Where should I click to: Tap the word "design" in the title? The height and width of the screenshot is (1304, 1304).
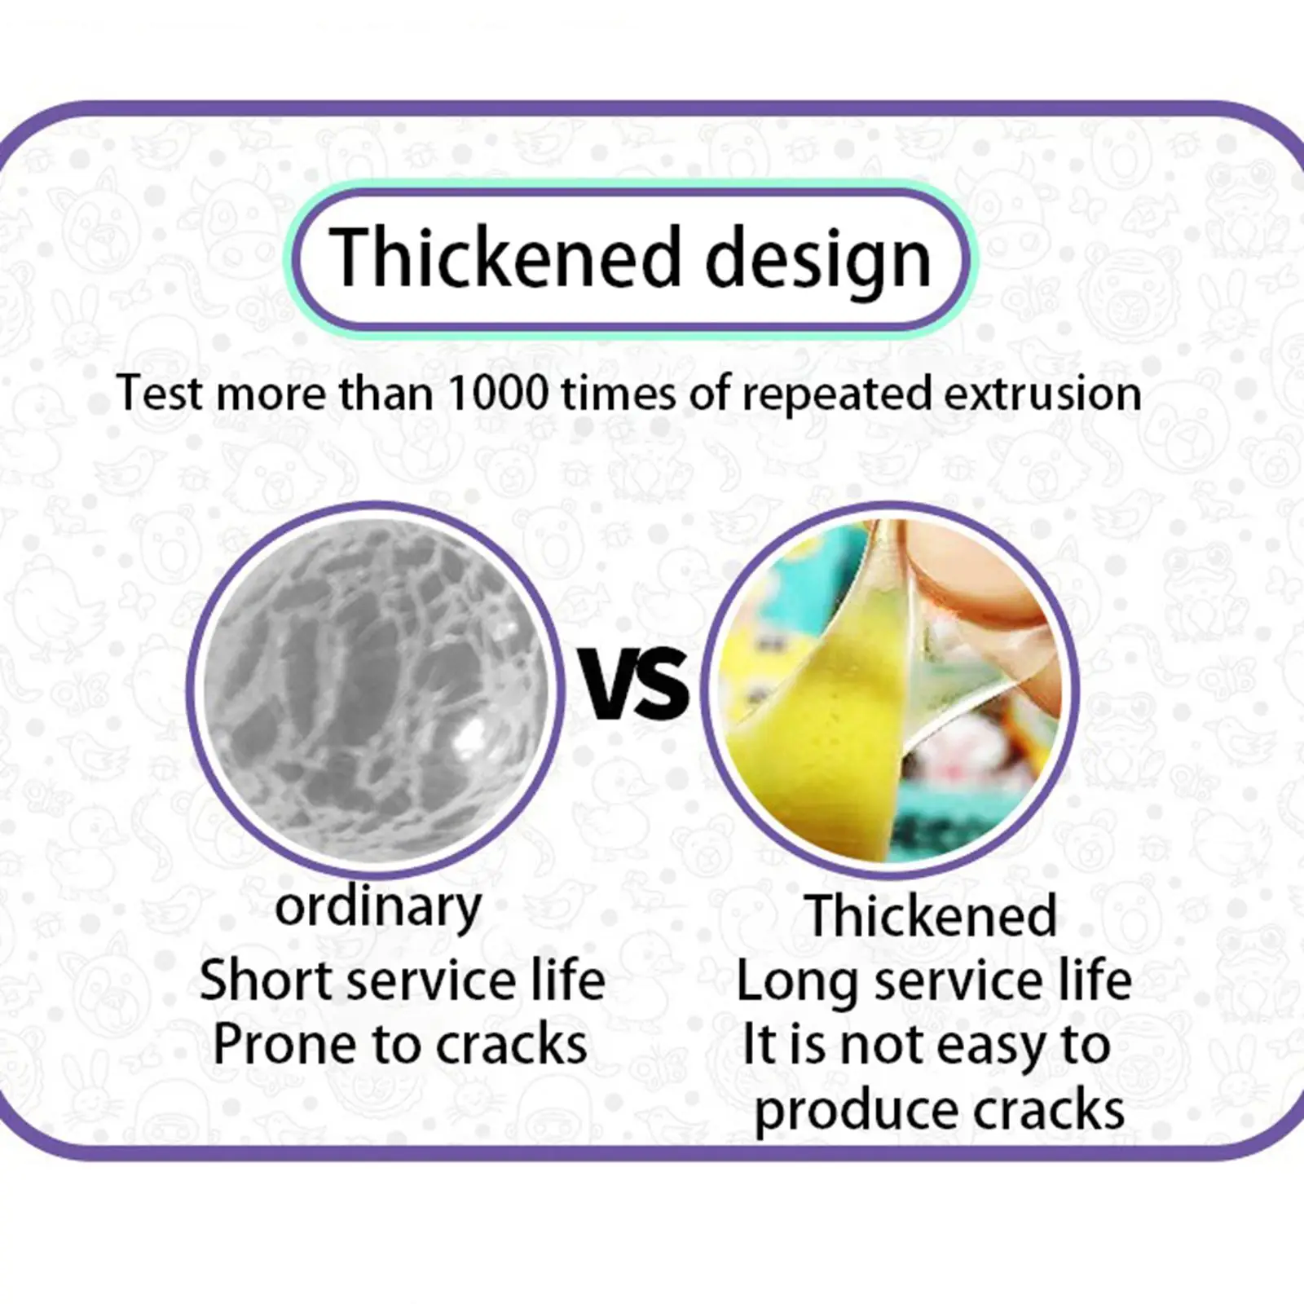tap(817, 261)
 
